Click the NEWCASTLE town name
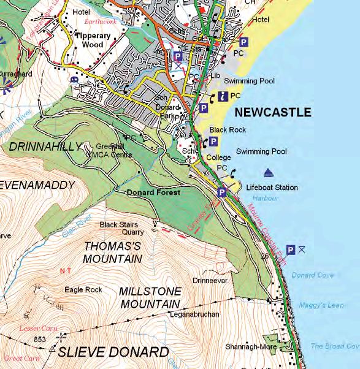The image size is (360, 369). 273,113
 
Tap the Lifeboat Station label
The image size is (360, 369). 272,188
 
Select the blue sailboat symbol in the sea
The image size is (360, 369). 268,172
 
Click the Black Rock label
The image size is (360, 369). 228,130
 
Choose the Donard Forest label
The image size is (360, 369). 153,192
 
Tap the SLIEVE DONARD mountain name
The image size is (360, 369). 113,352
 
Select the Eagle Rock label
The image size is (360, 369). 83,289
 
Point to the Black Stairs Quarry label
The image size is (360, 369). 122,228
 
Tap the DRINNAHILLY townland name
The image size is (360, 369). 44,146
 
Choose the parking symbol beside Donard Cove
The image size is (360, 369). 291,249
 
